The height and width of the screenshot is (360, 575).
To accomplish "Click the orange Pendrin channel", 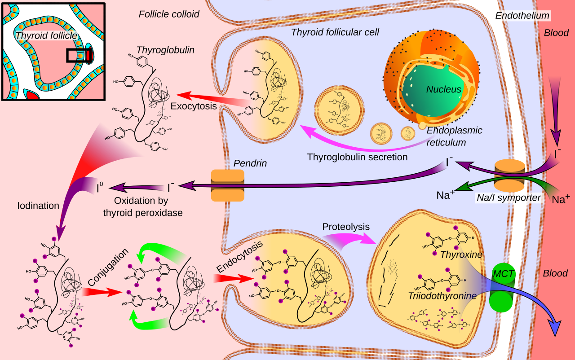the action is (227, 185).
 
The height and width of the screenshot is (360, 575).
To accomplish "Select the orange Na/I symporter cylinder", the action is (509, 176).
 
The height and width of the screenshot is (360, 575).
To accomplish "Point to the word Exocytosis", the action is (194, 106).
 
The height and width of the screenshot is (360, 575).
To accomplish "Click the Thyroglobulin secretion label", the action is (357, 157).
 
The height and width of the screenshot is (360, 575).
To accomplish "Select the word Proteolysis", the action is (346, 227).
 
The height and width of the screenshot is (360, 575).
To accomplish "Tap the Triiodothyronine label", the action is (442, 296).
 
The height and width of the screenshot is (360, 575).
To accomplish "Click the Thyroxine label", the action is (461, 255).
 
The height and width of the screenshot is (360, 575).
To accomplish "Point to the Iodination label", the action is (38, 206).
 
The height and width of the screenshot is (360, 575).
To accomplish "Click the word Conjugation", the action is (108, 267).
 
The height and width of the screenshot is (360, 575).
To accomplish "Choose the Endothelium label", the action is (522, 16).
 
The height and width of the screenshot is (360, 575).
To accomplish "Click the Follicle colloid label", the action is (169, 14).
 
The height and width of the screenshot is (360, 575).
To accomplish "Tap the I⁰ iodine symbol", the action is (100, 187).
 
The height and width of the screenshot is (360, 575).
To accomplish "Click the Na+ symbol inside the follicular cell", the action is (445, 195).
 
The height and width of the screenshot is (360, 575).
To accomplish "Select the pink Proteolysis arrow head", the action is (368, 238).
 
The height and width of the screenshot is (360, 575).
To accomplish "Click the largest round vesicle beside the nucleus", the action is (339, 110).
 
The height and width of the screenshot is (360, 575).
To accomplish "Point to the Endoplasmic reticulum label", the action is (454, 136).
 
